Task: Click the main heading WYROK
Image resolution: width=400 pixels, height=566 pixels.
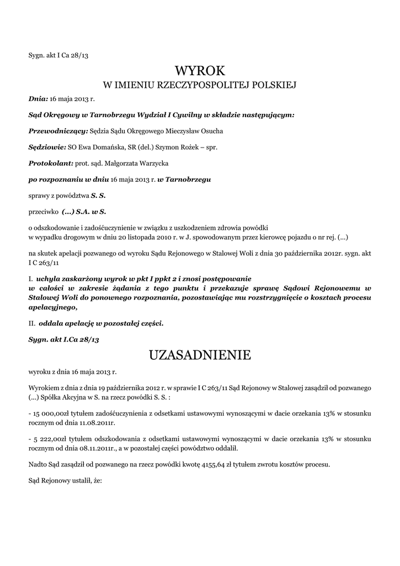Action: (200, 71)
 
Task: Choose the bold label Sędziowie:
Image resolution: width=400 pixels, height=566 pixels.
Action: (47, 148)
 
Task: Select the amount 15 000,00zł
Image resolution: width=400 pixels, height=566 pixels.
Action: (52, 414)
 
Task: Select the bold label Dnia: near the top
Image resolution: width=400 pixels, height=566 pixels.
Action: (38, 98)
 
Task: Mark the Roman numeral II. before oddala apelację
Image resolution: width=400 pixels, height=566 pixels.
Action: (32, 323)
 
